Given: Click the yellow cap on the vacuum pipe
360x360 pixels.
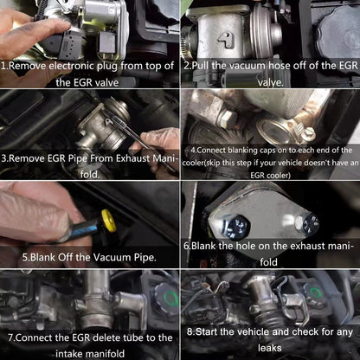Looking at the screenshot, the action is [x=108, y=221].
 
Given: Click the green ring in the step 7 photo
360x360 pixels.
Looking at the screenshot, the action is [x=170, y=298].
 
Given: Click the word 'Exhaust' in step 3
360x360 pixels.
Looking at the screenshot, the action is [x=133, y=158].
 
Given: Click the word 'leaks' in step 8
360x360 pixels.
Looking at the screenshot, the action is [x=270, y=348].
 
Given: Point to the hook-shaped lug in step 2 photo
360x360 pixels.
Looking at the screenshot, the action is [x=226, y=41].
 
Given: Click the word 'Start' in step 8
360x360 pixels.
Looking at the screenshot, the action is [x=207, y=331].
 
